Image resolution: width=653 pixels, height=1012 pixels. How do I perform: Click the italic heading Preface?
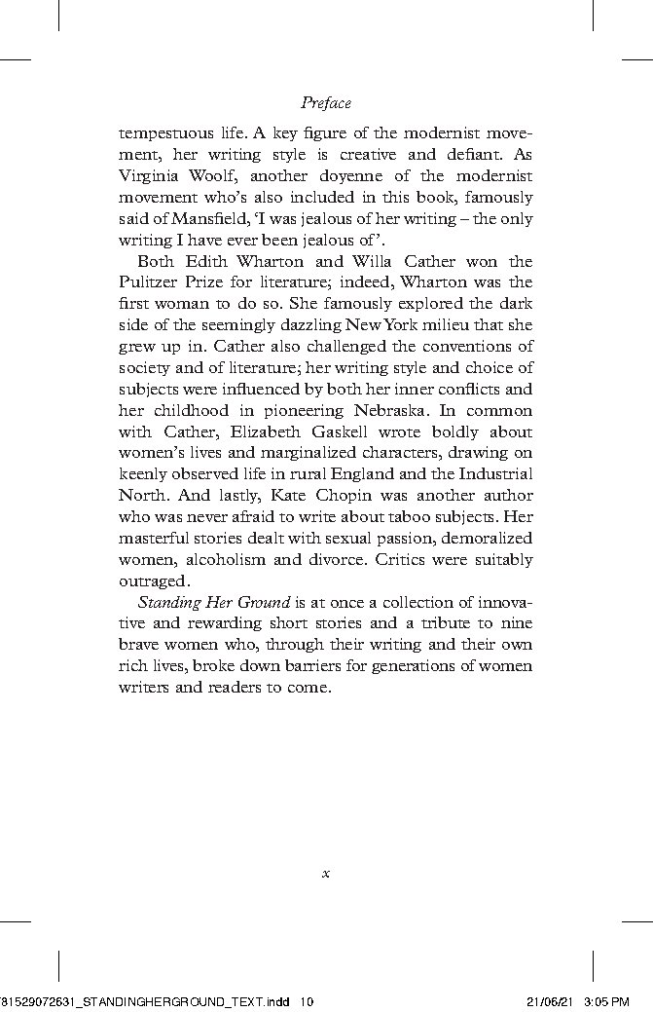(x=326, y=102)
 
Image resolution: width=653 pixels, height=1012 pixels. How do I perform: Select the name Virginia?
(x=149, y=175)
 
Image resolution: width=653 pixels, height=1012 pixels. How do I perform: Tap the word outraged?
(x=151, y=581)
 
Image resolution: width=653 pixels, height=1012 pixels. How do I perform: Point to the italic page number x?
(x=326, y=874)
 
